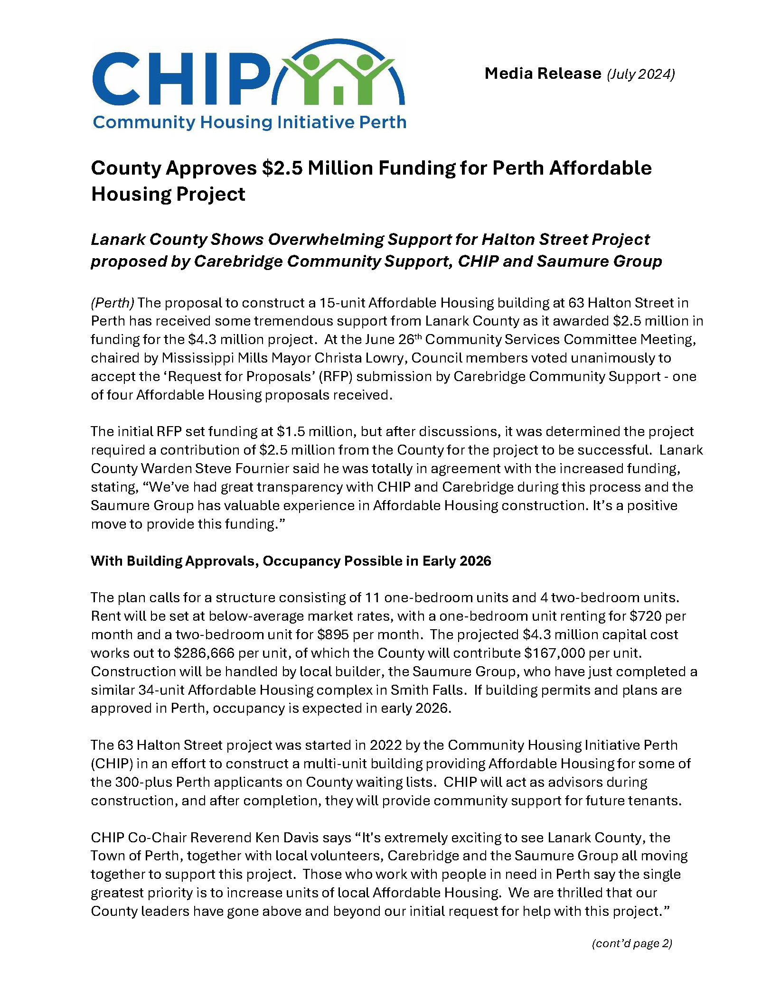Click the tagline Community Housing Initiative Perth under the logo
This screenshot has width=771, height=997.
tap(249, 122)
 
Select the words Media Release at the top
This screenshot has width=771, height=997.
tap(543, 74)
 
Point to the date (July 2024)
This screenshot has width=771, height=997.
tap(640, 74)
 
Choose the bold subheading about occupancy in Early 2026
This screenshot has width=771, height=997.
tap(291, 561)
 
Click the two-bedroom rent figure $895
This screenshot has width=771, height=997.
tap(333, 634)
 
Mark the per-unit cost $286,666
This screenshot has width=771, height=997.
tap(204, 653)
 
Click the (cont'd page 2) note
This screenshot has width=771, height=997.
tap(632, 943)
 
